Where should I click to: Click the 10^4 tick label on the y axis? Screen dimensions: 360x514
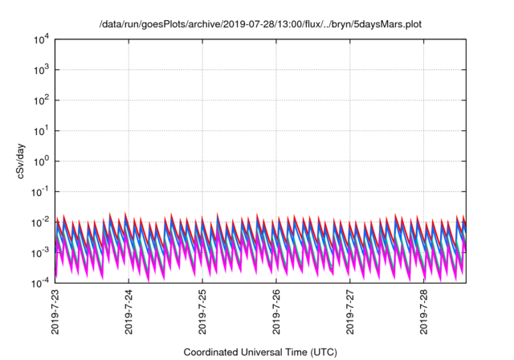[x=41, y=39]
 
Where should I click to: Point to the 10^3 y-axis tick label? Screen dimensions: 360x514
[x=41, y=69]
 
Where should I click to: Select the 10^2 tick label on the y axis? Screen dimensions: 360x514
[x=41, y=100]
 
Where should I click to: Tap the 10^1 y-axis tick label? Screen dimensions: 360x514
[x=41, y=130]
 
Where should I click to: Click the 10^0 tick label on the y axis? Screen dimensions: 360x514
[x=41, y=161]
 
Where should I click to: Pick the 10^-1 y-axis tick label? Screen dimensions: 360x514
[x=39, y=191]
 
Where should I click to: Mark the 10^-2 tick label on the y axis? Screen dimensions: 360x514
[x=39, y=222]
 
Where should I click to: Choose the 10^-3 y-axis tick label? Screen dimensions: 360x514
[x=39, y=252]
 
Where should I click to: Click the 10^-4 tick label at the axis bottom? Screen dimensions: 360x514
[x=39, y=283]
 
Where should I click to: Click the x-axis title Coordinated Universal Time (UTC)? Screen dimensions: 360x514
[x=260, y=352]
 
